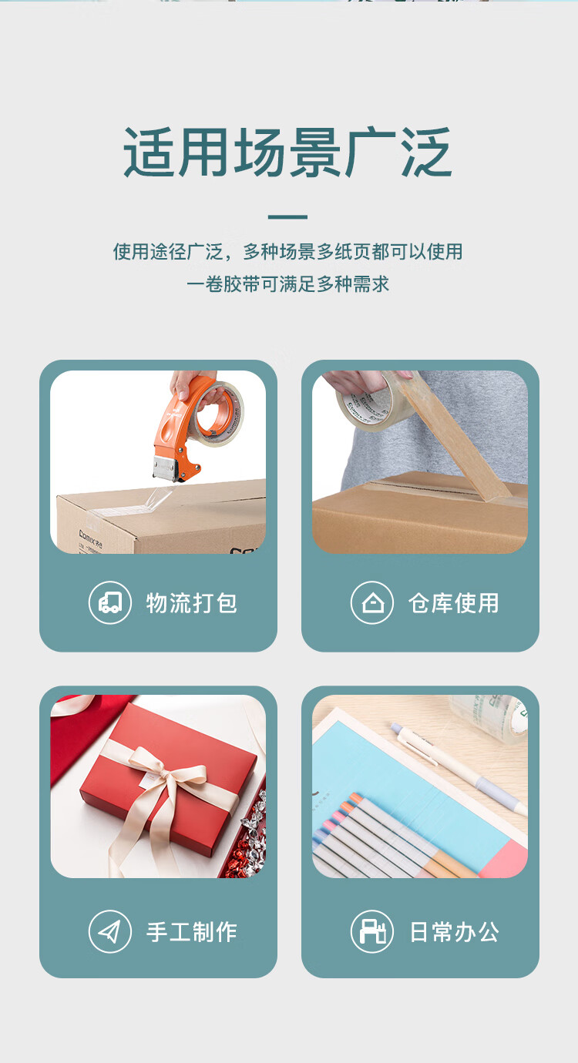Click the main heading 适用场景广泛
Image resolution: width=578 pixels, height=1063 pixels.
tap(287, 153)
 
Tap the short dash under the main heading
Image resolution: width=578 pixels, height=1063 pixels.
tap(287, 217)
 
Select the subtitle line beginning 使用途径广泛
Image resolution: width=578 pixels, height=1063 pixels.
tap(287, 252)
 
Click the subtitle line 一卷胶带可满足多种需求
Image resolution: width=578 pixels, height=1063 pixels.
tap(287, 284)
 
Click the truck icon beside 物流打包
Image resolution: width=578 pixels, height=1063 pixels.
tap(110, 602)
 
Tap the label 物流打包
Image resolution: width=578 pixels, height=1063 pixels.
tap(192, 602)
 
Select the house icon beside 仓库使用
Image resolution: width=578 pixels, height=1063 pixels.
tap(372, 602)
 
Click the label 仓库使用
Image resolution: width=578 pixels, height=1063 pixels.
tap(454, 602)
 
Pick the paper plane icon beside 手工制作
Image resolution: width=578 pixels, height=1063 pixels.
tap(110, 932)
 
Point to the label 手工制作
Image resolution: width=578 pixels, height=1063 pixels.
tap(192, 932)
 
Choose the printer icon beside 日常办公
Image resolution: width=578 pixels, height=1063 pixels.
tap(372, 932)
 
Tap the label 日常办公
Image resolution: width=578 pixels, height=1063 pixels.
tap(454, 932)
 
